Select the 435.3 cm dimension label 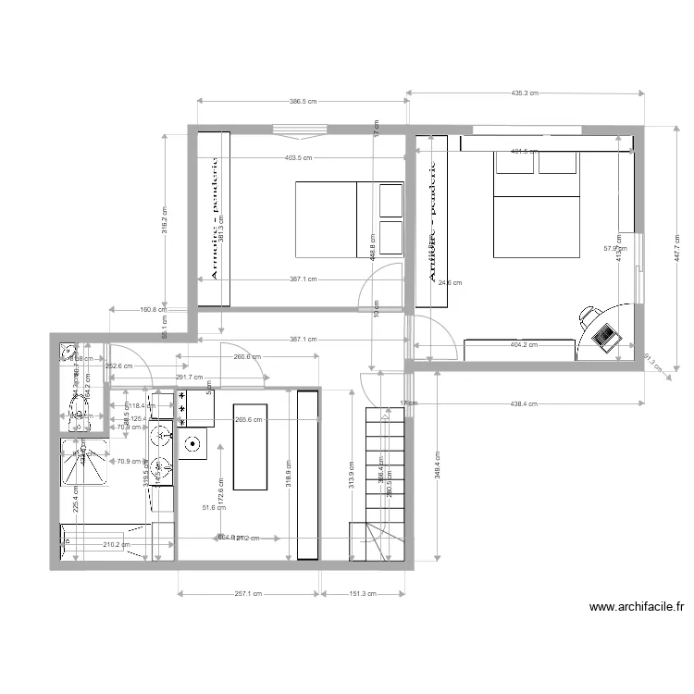coord(525,93)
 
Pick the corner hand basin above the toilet coord(68,354)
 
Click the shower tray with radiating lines coord(81,460)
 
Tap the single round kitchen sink coord(194,443)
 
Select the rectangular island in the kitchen coord(250,446)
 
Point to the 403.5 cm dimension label coord(298,158)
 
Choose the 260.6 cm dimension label coord(247,356)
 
